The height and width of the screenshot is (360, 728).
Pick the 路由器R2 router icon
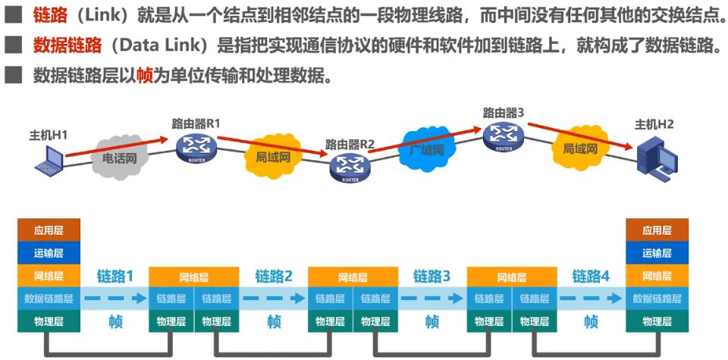pyautogui.click(x=350, y=167)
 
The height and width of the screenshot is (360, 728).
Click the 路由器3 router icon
pyautogui.click(x=504, y=136)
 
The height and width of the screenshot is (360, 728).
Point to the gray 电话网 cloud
pyautogui.click(x=118, y=159)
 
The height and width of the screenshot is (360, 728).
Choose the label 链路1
pyautogui.click(x=115, y=277)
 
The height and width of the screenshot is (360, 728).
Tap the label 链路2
pyautogui.click(x=274, y=277)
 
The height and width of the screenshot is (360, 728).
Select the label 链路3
pyautogui.click(x=432, y=277)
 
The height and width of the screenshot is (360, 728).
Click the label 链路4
pyautogui.click(x=591, y=277)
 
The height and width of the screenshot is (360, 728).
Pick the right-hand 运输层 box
pyautogui.click(x=657, y=253)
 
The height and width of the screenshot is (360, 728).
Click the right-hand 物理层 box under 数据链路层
pyautogui.click(x=657, y=321)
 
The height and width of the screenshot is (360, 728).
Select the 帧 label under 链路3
pyautogui.click(x=432, y=321)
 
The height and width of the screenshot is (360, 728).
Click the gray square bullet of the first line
pyautogui.click(x=13, y=15)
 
